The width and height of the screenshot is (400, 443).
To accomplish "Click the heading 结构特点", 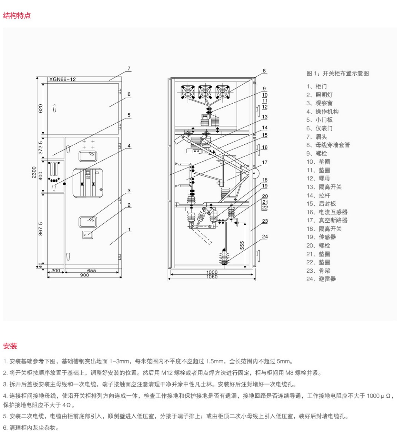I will (17, 16).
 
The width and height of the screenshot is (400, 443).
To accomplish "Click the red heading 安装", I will (10, 346).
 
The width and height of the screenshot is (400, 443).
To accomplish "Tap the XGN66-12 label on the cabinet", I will (62, 79).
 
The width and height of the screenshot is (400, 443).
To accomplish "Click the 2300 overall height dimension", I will (34, 172).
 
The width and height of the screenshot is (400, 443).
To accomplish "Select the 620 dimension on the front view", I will (41, 108).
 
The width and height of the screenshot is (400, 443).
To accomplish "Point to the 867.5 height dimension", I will (41, 229).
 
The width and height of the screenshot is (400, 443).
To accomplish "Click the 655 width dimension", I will (91, 270).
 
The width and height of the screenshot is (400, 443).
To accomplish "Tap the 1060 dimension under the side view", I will (212, 277).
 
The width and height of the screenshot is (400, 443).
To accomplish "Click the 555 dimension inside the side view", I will (242, 245).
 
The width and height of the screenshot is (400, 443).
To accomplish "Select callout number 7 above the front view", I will (129, 68).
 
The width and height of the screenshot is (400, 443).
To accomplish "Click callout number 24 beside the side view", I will (265, 237).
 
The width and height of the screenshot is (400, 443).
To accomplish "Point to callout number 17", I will (265, 163).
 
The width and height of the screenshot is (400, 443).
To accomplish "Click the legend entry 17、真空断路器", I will (327, 220).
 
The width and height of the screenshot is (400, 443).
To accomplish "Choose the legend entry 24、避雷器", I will (321, 279).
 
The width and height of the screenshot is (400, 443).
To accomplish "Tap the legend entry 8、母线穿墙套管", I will (328, 145).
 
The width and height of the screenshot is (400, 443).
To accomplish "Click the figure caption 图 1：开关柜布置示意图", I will (337, 73).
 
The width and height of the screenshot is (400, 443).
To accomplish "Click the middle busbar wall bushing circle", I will (205, 92).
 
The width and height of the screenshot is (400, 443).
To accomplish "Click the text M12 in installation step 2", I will (167, 373).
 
